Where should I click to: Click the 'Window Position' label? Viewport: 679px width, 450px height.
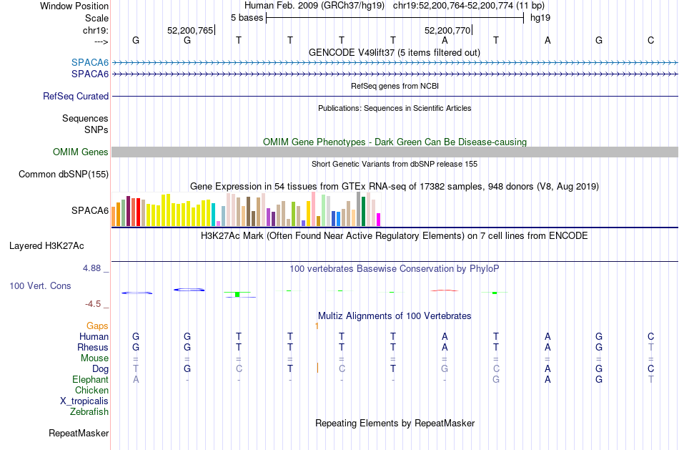[74, 6]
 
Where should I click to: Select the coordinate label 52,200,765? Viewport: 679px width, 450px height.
[190, 30]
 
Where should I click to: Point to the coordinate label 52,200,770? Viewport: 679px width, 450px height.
[447, 30]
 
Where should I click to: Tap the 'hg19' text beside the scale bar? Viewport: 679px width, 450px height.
[540, 18]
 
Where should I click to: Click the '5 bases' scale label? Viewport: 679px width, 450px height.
[247, 18]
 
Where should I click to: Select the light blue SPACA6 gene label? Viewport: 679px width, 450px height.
[90, 62]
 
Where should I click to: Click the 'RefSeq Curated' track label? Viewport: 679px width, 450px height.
[76, 97]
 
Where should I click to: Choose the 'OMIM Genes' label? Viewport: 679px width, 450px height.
[81, 152]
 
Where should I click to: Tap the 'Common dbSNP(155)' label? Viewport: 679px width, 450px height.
[64, 175]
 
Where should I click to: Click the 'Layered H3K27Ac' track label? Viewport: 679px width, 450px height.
[46, 246]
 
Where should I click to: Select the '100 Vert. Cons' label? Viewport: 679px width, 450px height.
[40, 285]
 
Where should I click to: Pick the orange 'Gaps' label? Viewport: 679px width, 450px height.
[97, 326]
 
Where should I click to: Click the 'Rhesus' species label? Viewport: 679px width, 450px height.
[93, 347]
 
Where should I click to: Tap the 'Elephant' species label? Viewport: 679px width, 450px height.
[91, 380]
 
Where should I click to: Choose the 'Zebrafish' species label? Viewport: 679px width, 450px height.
[89, 412]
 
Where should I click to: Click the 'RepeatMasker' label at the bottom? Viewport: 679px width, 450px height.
[79, 433]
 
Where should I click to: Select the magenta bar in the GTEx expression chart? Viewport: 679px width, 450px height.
[378, 220]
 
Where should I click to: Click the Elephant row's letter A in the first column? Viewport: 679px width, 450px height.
[136, 380]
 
